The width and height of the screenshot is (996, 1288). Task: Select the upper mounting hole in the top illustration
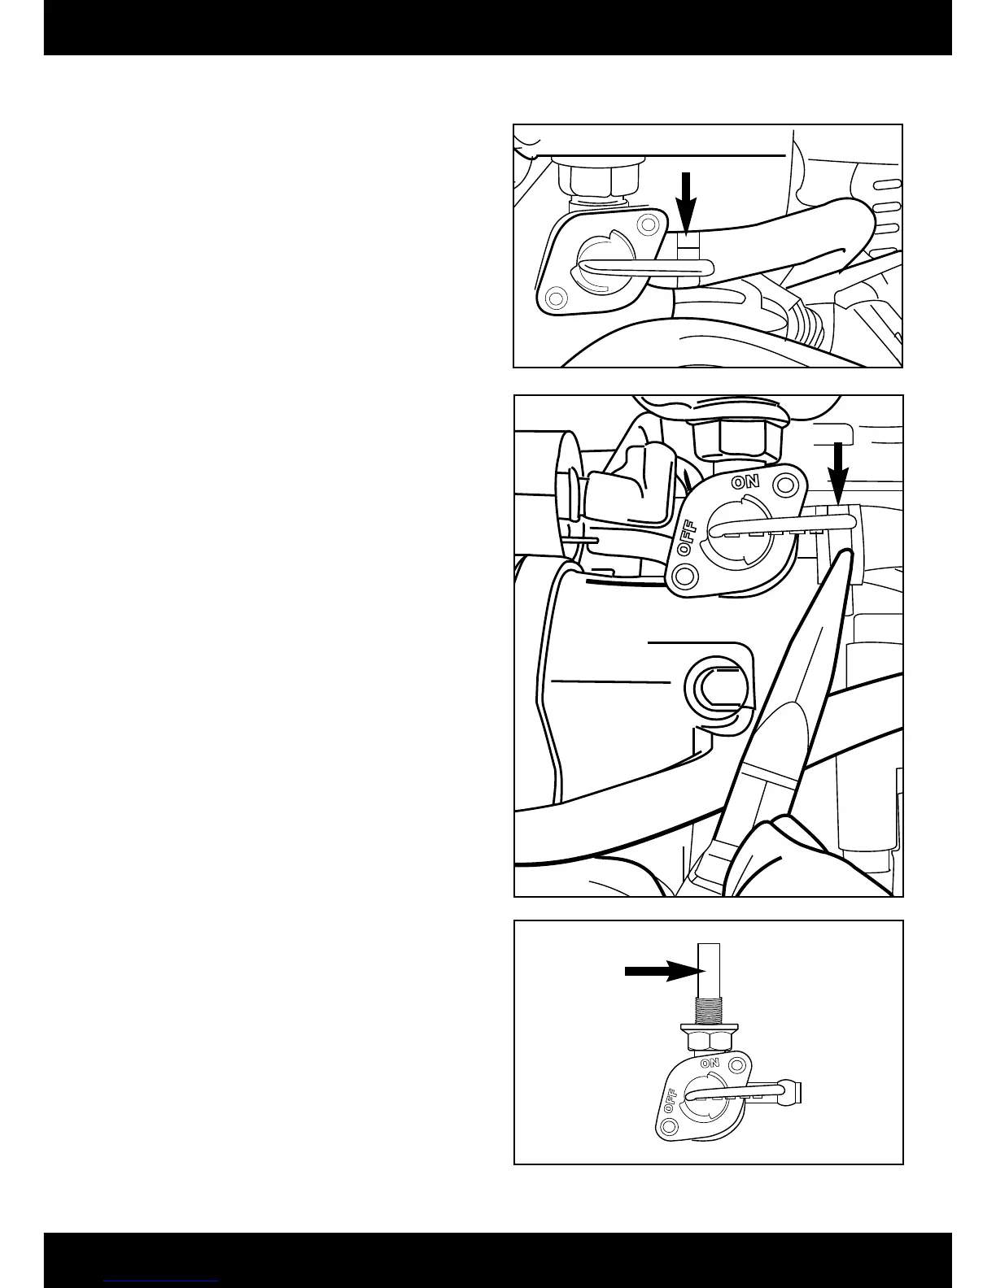pos(648,223)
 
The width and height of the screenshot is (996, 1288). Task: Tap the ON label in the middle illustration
pos(745,481)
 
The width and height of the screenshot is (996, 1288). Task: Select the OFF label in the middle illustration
pos(688,539)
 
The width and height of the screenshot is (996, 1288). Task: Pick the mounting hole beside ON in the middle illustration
pos(784,485)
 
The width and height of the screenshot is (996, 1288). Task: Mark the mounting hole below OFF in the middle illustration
pos(686,577)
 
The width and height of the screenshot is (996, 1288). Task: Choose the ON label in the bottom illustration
pos(710,1063)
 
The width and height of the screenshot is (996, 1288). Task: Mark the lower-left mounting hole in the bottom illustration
pos(669,1126)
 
